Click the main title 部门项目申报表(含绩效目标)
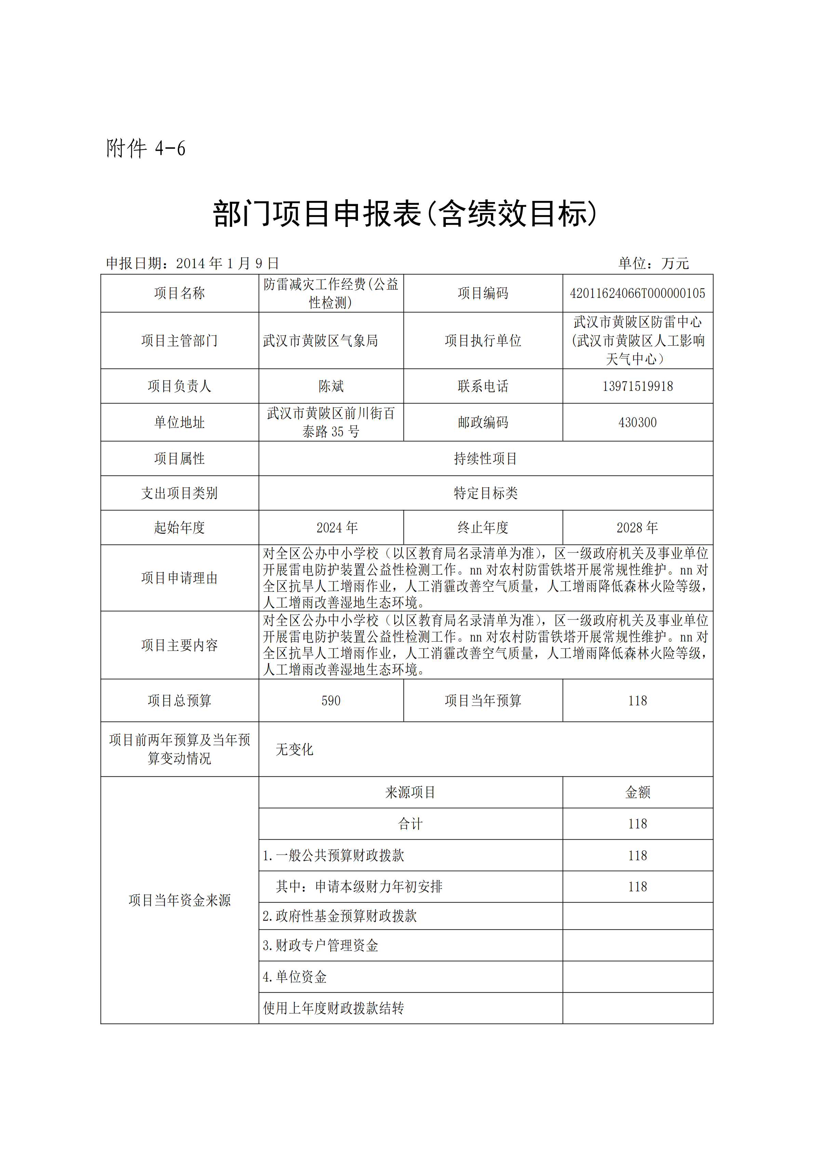[405, 214]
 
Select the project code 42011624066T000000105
[637, 293]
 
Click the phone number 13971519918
[637, 386]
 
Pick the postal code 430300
[637, 423]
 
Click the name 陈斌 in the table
[331, 386]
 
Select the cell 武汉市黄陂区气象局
[320, 341]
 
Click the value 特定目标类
[485, 493]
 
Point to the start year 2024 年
[337, 528]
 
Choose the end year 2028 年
[637, 528]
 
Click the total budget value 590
[331, 701]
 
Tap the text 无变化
[294, 749]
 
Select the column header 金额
[637, 792]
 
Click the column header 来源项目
[410, 792]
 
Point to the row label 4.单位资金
[295, 977]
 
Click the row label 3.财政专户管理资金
[320, 946]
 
